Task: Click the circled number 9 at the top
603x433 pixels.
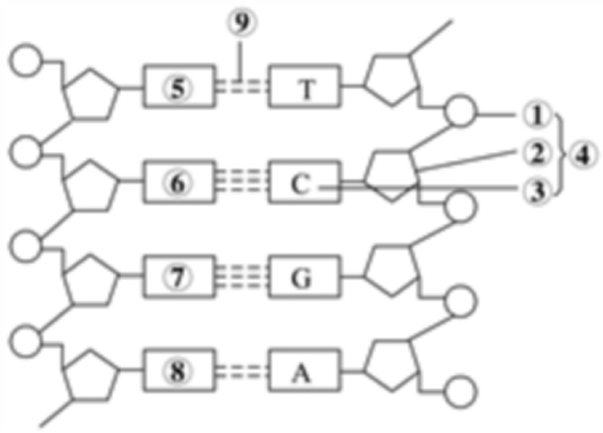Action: tap(239, 24)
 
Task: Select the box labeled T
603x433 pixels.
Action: tap(305, 87)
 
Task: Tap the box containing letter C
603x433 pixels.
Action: tap(301, 184)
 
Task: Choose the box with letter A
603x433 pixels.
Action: tap(304, 373)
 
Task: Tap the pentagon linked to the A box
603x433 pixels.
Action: tap(391, 367)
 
